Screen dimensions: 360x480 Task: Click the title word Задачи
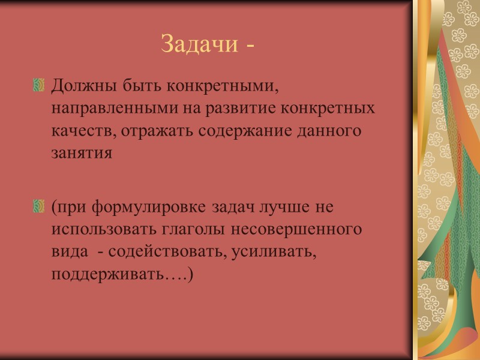click(x=199, y=43)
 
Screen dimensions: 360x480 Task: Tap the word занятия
click(x=82, y=152)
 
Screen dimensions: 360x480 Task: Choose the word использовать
click(x=101, y=229)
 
